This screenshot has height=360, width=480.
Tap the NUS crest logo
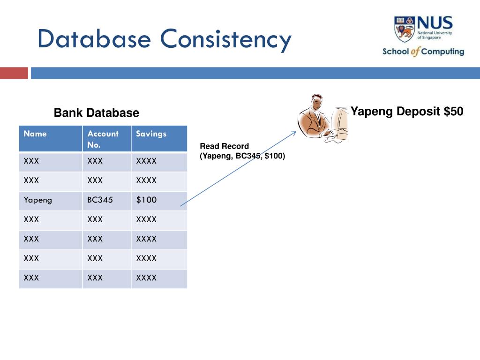click(x=405, y=28)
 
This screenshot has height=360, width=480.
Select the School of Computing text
click(x=423, y=52)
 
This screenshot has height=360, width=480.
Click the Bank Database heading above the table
click(x=96, y=113)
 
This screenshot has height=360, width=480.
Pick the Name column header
click(x=36, y=134)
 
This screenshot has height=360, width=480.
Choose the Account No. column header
click(x=103, y=139)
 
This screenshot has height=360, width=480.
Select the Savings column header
click(x=151, y=134)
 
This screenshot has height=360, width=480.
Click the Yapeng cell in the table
click(x=38, y=200)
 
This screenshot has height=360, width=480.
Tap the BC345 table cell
click(x=100, y=200)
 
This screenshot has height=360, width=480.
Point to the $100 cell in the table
click(x=146, y=200)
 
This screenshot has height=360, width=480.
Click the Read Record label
click(x=224, y=146)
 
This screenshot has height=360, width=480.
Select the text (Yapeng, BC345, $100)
click(x=242, y=156)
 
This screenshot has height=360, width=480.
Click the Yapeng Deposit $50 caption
click(x=407, y=112)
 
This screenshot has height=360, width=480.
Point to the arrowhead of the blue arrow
click(x=294, y=133)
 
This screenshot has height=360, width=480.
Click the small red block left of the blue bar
click(x=14, y=73)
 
